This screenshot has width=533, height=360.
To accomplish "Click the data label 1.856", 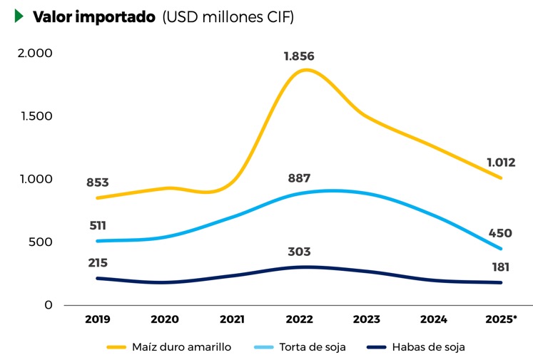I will click(x=298, y=56).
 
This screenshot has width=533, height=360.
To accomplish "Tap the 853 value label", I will click(x=98, y=183).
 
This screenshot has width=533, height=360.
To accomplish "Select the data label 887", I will click(x=299, y=178).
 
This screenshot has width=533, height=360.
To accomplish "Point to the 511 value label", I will click(x=98, y=226).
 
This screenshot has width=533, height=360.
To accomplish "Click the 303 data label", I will click(x=299, y=252).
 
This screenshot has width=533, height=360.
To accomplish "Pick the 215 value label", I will click(x=98, y=263).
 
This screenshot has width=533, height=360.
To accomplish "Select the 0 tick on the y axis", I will click(x=48, y=305).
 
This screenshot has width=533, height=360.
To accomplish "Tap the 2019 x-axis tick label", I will click(x=98, y=319).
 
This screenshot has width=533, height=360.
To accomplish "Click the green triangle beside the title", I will click(x=19, y=16).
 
